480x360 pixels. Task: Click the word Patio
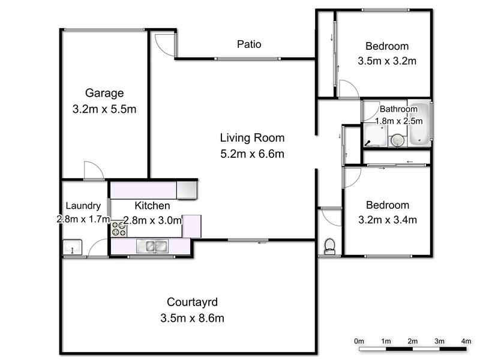click(x=249, y=44)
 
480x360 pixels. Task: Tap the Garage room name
click(x=104, y=93)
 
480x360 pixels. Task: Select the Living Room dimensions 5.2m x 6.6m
click(x=251, y=154)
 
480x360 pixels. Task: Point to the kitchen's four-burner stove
click(x=118, y=229)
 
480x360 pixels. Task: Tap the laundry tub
click(x=73, y=247)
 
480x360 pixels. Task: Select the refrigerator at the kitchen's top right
click(x=186, y=190)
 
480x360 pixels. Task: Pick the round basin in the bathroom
click(x=396, y=140)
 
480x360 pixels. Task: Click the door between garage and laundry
click(x=94, y=171)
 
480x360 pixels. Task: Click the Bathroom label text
click(x=398, y=109)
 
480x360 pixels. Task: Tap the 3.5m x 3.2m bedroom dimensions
click(x=387, y=61)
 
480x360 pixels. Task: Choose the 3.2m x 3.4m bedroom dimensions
click(x=387, y=219)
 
